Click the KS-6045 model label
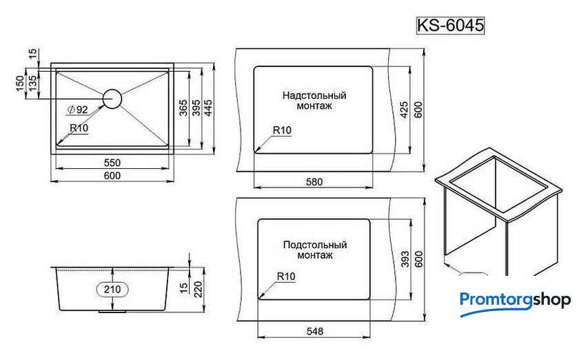[450, 25]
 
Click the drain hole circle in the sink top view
[112, 99]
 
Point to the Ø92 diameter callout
[77, 110]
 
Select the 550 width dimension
[112, 163]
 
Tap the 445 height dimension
[208, 108]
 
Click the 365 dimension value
[183, 108]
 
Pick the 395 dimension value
[196, 108]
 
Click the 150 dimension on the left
[20, 83]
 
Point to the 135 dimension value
[32, 83]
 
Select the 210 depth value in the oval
[112, 290]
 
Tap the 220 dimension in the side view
[198, 289]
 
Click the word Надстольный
[314, 95]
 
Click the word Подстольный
[315, 245]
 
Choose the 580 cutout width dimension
[314, 182]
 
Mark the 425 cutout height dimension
[405, 110]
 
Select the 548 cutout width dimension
[314, 331]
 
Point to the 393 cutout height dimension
[405, 259]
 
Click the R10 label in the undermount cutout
[286, 276]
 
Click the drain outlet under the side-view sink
[112, 312]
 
